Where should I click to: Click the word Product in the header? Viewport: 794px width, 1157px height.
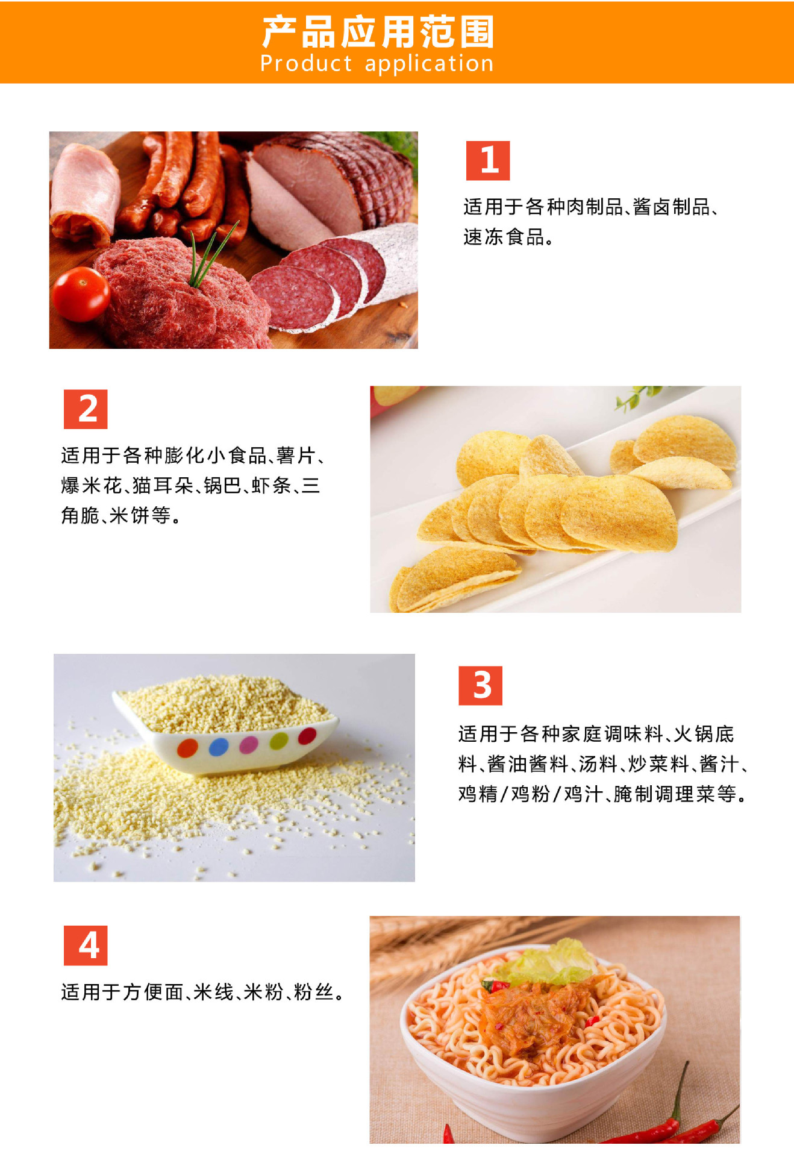(306, 63)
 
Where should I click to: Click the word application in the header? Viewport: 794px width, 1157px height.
(429, 64)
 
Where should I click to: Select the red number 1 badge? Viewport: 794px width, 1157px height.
(488, 160)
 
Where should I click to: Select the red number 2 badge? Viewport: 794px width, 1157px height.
(86, 409)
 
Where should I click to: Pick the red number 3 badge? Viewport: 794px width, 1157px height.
(480, 685)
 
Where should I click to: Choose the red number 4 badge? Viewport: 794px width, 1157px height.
(86, 945)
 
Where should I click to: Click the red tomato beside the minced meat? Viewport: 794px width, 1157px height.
(81, 294)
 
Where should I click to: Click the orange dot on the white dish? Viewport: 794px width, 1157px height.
(188, 748)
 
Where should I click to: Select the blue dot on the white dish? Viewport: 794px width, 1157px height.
(219, 747)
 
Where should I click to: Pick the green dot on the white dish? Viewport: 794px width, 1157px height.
(279, 741)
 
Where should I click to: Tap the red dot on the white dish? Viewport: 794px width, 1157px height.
(307, 736)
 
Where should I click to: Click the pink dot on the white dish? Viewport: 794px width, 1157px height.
(249, 744)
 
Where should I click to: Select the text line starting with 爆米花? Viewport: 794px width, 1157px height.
(190, 485)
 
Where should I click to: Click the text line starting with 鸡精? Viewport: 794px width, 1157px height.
(602, 794)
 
